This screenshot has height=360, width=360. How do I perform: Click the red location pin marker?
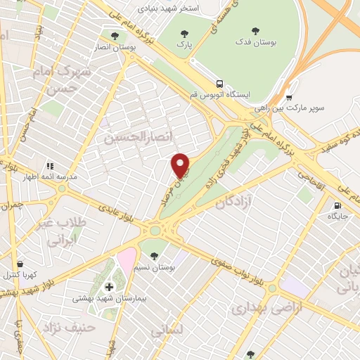pyautogui.click(x=181, y=166)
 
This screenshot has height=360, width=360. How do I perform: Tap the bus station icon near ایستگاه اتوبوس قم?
pyautogui.click(x=220, y=83)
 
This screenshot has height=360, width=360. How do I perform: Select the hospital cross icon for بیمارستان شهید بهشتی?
pyautogui.click(x=109, y=287)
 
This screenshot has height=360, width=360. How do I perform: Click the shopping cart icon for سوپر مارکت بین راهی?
pyautogui.click(x=289, y=97)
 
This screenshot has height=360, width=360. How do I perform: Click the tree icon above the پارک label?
pyautogui.click(x=185, y=33)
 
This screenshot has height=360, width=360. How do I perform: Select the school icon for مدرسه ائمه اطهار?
pyautogui.click(x=49, y=166)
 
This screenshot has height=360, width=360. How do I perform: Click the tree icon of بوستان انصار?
pyautogui.click(x=114, y=34)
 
